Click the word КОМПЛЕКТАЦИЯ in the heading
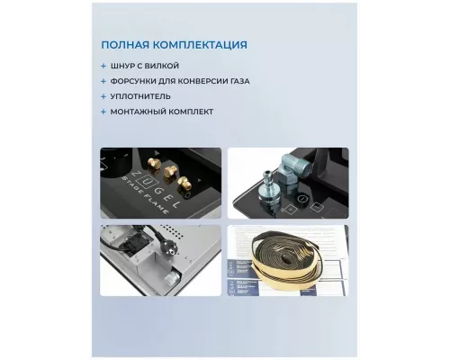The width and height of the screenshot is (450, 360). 198,45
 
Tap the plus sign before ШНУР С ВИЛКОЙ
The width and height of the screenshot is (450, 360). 106,66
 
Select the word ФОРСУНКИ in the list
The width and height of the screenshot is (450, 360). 140,81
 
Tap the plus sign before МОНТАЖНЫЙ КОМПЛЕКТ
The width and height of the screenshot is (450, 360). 106,112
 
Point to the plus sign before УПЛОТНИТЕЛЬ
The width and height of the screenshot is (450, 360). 106,96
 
